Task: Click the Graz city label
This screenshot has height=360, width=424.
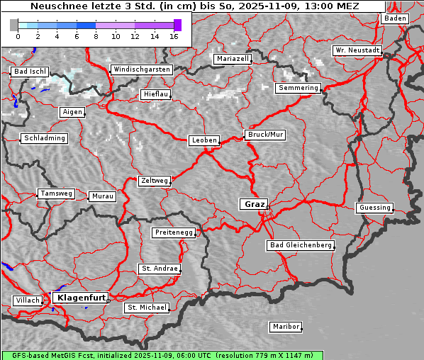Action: [253, 204]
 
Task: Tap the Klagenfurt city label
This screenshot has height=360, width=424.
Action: [81, 298]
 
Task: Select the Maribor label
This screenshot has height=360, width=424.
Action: [286, 327]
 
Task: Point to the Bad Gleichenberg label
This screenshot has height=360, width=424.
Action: [301, 245]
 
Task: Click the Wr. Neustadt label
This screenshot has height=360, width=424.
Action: [357, 51]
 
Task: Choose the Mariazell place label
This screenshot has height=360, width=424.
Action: [233, 59]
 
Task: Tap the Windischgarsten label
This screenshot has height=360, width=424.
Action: [141, 69]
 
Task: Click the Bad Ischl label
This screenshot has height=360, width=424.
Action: [30, 72]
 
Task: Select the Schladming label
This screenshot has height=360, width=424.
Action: [45, 138]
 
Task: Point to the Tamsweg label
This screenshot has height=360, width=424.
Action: [55, 193]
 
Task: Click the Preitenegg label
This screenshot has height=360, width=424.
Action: [173, 232]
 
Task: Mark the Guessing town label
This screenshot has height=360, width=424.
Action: [374, 208]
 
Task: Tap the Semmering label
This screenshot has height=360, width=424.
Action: [298, 88]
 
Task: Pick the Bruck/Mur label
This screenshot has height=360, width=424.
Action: [264, 135]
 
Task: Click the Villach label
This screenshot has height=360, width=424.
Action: [27, 300]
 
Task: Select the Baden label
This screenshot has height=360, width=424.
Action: [396, 18]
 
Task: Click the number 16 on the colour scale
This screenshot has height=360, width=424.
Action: [174, 35]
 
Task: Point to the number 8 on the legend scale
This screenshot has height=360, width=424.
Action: [96, 35]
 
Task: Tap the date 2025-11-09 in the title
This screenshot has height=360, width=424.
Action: [255, 6]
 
